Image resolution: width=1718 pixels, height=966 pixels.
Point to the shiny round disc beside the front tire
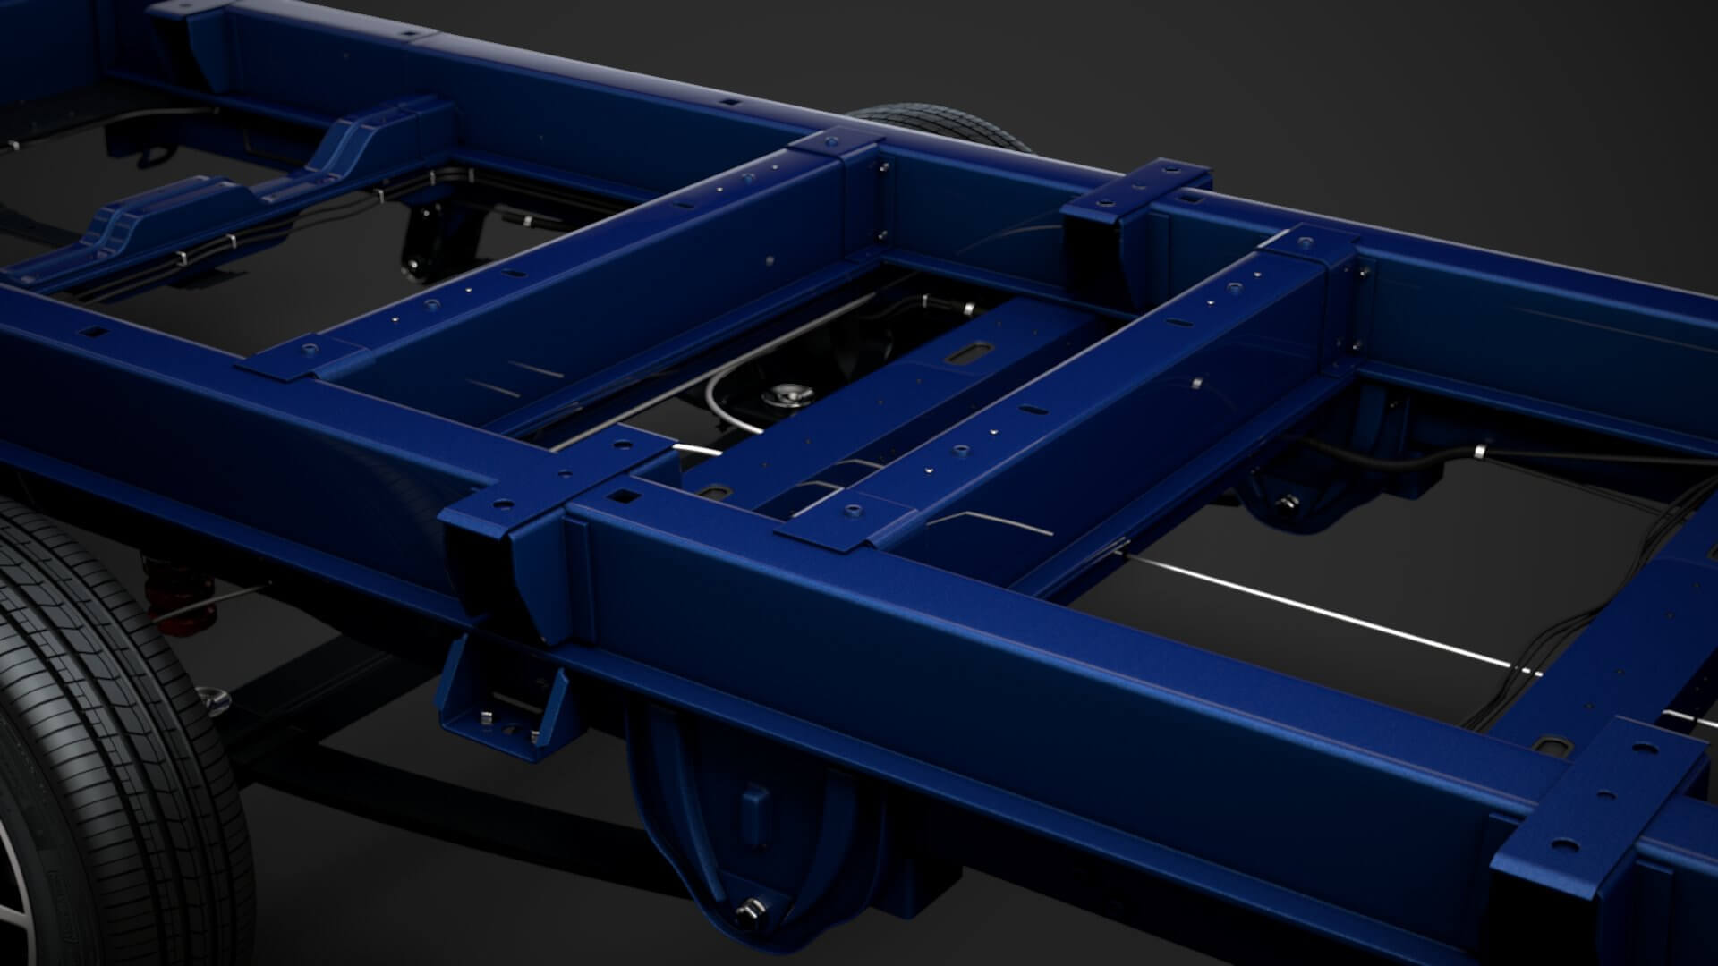coord(212,698)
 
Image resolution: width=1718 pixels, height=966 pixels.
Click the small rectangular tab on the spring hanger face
coord(753,805)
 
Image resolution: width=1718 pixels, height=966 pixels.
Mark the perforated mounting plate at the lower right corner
coord(1602,805)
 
